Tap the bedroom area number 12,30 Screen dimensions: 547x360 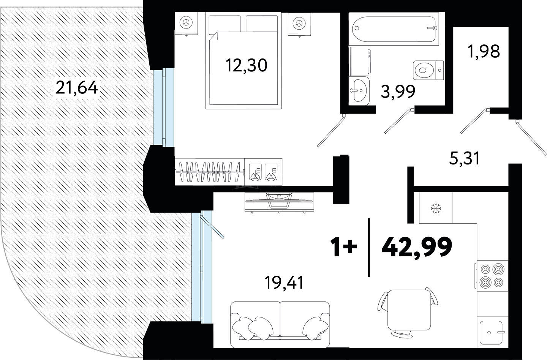[247, 66]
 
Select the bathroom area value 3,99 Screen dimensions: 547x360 [398, 92]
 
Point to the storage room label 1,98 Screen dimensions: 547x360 [484, 52]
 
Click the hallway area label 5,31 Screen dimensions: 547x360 [465, 158]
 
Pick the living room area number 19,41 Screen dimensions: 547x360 [284, 283]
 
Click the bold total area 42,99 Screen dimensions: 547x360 [417, 247]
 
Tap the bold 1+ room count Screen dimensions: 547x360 [343, 247]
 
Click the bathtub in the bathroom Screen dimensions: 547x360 [394, 28]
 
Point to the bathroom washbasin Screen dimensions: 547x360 [359, 90]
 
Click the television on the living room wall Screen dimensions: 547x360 [279, 202]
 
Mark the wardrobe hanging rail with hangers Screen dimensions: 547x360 [210, 172]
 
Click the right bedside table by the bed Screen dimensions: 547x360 [299, 24]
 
